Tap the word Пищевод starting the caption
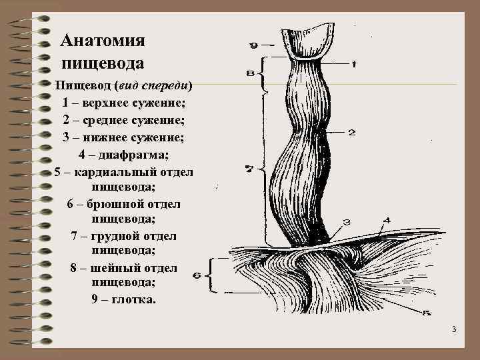(x=83, y=86)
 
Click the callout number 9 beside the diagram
(x=254, y=45)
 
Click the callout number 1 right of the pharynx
(x=353, y=65)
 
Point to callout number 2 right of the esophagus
(x=351, y=133)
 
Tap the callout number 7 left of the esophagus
(x=249, y=169)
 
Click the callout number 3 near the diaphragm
(x=347, y=221)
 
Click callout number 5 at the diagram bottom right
(x=427, y=313)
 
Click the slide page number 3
(x=453, y=330)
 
